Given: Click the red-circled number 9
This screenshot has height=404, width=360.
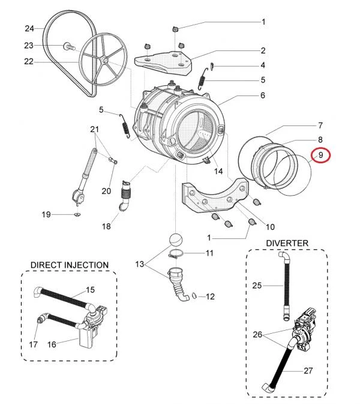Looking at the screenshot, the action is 320,155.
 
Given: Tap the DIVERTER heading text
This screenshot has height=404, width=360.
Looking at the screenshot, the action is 287,243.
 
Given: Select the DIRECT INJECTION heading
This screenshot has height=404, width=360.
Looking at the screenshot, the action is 70,265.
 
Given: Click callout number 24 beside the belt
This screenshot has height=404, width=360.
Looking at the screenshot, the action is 29,28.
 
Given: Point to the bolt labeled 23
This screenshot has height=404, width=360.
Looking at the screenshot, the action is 69,47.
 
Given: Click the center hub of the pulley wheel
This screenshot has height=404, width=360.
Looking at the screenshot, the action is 105,60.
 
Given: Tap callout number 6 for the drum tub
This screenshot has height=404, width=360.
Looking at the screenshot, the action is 263,95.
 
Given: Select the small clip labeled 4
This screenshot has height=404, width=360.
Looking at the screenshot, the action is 212,66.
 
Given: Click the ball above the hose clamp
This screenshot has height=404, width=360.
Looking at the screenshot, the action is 176,240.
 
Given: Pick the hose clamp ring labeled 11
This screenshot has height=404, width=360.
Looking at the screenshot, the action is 176,255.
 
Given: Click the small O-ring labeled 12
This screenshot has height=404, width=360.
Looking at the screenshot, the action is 194,296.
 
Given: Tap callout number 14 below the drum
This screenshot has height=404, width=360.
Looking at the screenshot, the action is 218,171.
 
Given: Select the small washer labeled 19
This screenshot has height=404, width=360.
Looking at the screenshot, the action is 77,214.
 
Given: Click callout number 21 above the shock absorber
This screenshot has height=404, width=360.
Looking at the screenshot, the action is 95,129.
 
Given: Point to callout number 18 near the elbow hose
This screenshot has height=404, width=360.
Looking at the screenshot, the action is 106,226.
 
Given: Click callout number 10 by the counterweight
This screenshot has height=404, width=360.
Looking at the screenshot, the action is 270,227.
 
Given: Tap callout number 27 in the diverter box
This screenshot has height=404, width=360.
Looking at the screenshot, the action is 308,370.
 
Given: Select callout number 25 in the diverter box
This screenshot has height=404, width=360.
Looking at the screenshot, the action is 257,286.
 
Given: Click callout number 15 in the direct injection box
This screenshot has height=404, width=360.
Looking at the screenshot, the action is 90,289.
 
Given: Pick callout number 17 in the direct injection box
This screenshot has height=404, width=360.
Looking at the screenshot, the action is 33,344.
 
